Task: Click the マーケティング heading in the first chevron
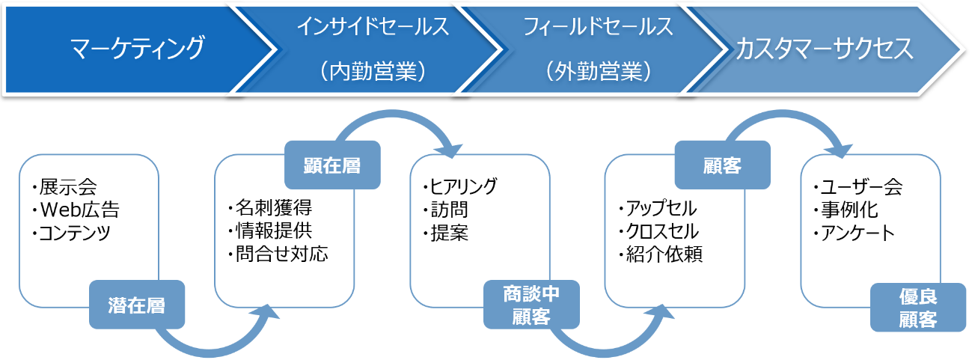click(138, 48)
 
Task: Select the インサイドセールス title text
click(373, 26)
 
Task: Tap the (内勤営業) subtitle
click(373, 72)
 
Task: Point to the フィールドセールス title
click(599, 26)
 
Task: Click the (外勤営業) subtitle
click(599, 72)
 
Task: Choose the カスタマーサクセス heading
click(825, 49)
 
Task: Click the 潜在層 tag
click(137, 305)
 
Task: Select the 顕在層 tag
click(332, 165)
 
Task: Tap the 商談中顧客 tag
click(531, 305)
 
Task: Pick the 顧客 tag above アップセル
click(723, 165)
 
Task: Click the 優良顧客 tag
click(918, 308)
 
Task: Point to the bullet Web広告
click(76, 210)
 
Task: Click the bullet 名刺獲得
click(270, 207)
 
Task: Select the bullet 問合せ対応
click(278, 254)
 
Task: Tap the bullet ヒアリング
click(460, 186)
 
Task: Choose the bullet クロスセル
click(658, 231)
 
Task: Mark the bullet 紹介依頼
click(661, 254)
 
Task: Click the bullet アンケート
click(855, 234)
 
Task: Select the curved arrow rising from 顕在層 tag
click(393, 114)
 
